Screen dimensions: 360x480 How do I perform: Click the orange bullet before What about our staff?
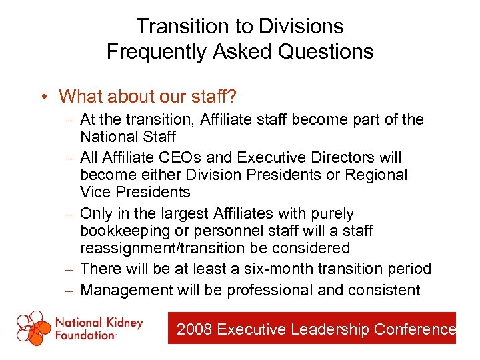(x=42, y=97)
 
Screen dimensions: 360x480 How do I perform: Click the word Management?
(x=126, y=290)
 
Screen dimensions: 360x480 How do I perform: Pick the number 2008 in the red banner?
(x=195, y=329)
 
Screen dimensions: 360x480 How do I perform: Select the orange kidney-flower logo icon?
(x=33, y=328)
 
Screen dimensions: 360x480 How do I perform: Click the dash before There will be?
(x=71, y=270)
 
